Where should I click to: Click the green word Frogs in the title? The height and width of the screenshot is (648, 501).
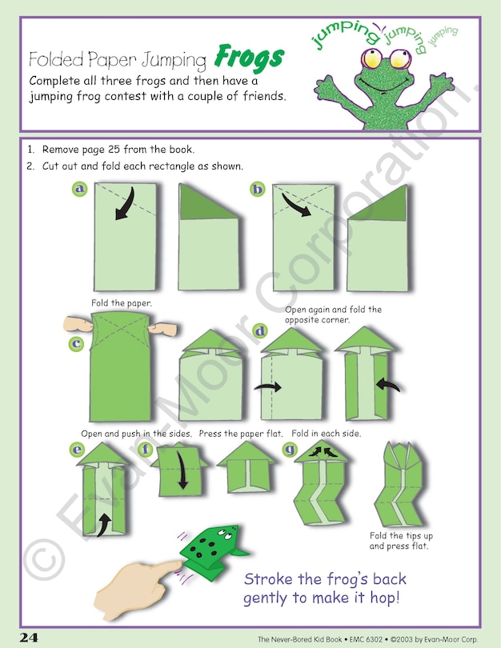249,58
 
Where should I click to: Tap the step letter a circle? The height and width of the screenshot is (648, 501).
79,190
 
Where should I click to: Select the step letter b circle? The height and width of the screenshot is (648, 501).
258,190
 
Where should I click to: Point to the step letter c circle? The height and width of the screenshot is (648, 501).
76,344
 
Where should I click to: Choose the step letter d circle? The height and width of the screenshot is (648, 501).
260,331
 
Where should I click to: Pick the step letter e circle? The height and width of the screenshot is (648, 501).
78,450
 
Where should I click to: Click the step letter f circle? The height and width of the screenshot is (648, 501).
146,449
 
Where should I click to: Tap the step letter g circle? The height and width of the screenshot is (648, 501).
291,449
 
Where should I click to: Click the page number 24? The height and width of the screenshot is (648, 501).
29,638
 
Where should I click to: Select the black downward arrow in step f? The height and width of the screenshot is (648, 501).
182,470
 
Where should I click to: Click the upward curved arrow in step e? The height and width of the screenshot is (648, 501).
103,525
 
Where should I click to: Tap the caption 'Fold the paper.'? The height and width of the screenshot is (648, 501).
122,303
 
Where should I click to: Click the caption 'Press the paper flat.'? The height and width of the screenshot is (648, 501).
241,434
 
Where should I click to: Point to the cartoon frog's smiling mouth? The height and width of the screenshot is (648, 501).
384,83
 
